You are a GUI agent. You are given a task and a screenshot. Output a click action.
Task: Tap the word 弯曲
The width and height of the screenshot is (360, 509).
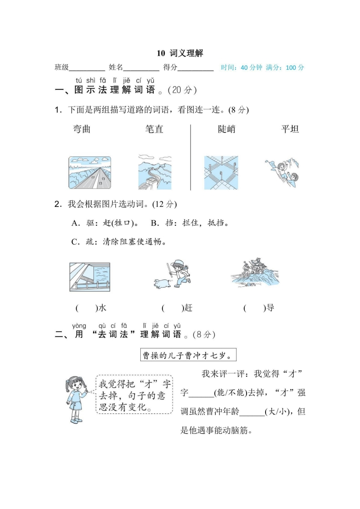(82, 129)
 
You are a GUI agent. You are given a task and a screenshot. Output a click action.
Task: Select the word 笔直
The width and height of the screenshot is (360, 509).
(154, 129)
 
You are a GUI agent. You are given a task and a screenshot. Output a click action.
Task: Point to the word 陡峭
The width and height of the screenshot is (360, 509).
(227, 129)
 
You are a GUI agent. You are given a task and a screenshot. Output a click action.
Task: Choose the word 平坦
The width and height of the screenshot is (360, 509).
(290, 129)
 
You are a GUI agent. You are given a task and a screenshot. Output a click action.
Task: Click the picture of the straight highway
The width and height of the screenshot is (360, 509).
(89, 172)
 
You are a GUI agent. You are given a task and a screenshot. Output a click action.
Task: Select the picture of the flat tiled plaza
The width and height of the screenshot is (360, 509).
(221, 172)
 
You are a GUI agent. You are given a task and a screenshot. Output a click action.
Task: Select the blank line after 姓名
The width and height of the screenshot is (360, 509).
(141, 68)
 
